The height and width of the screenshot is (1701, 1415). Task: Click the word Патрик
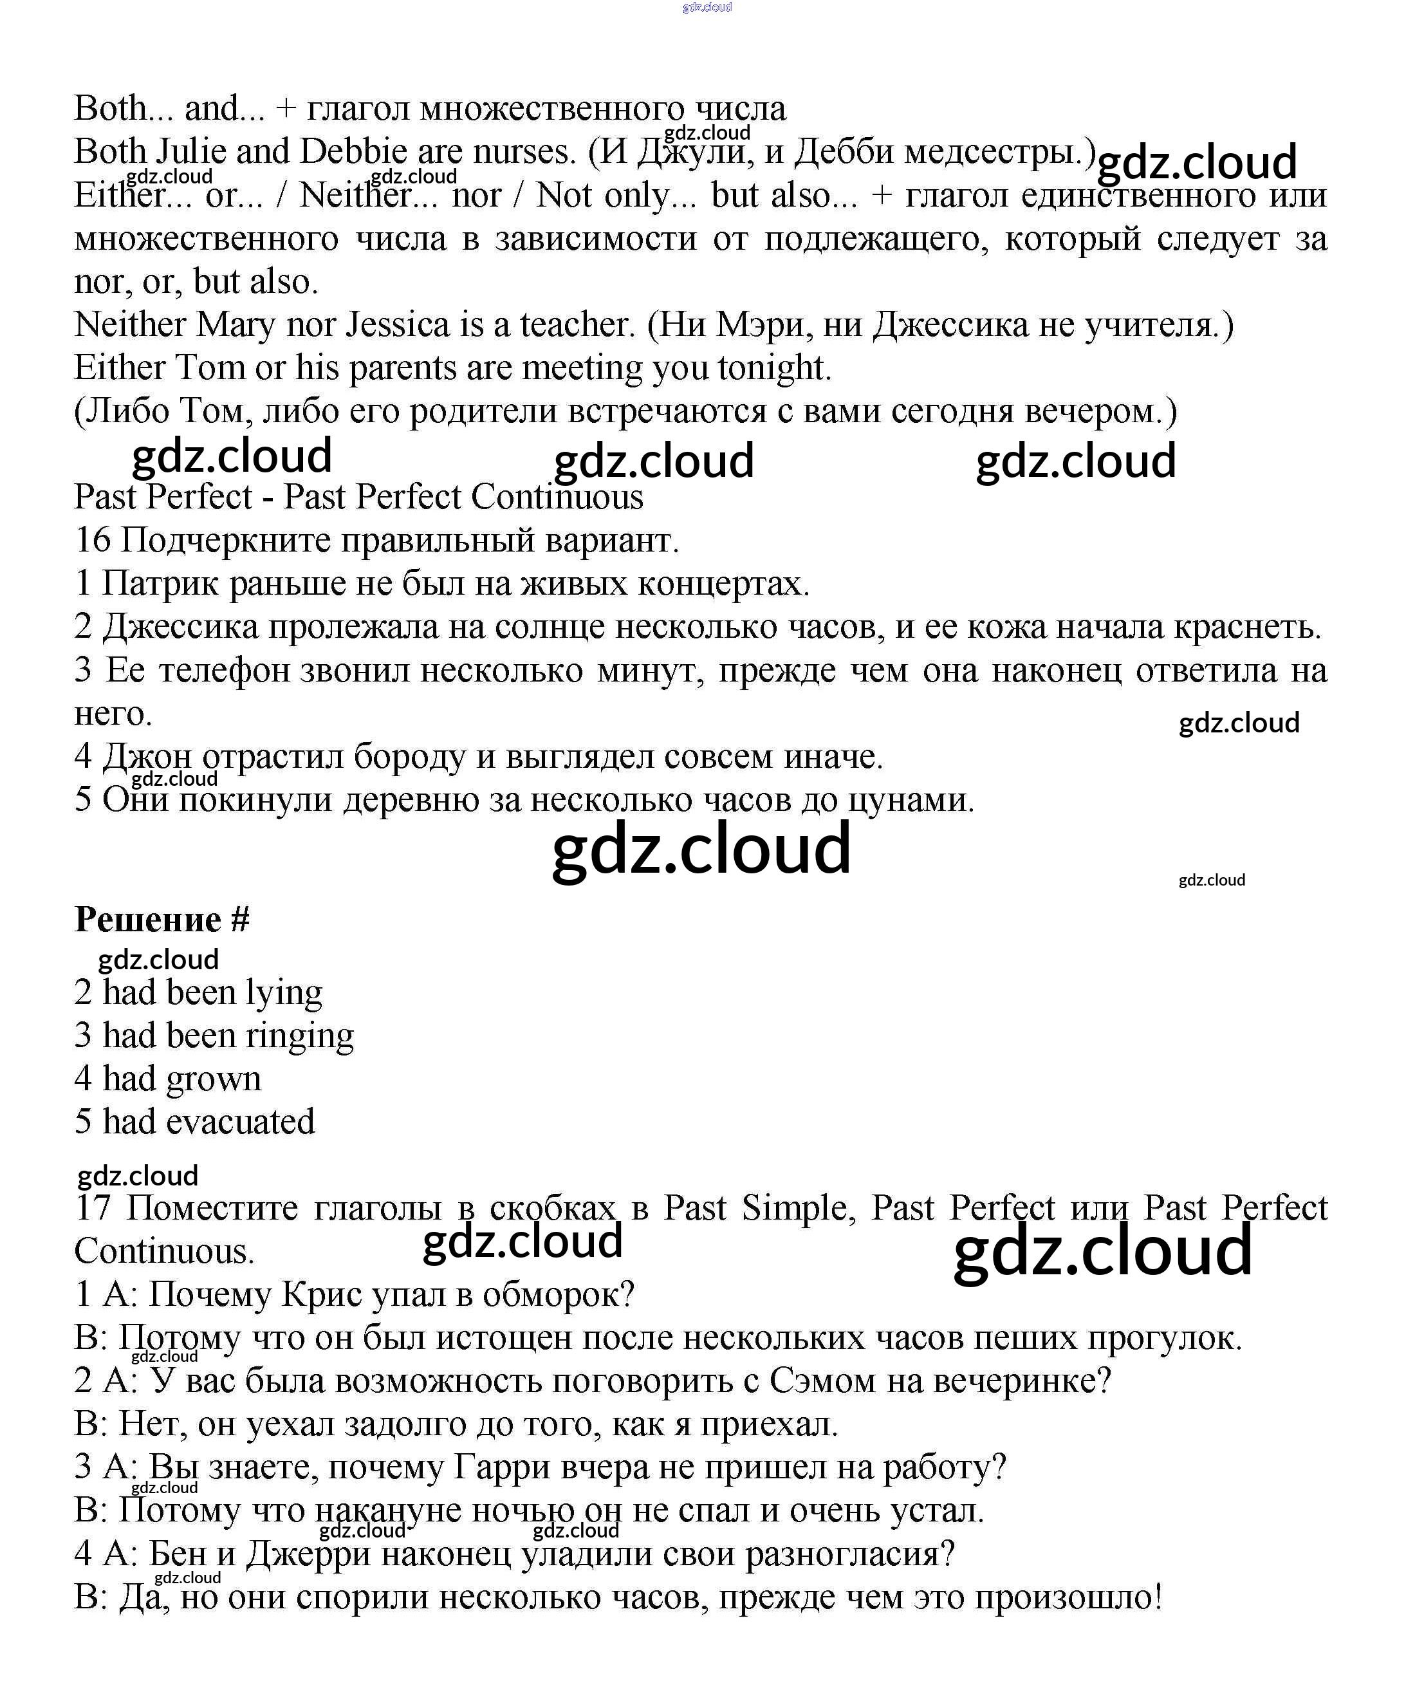160,584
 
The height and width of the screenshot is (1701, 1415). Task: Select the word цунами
911,800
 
